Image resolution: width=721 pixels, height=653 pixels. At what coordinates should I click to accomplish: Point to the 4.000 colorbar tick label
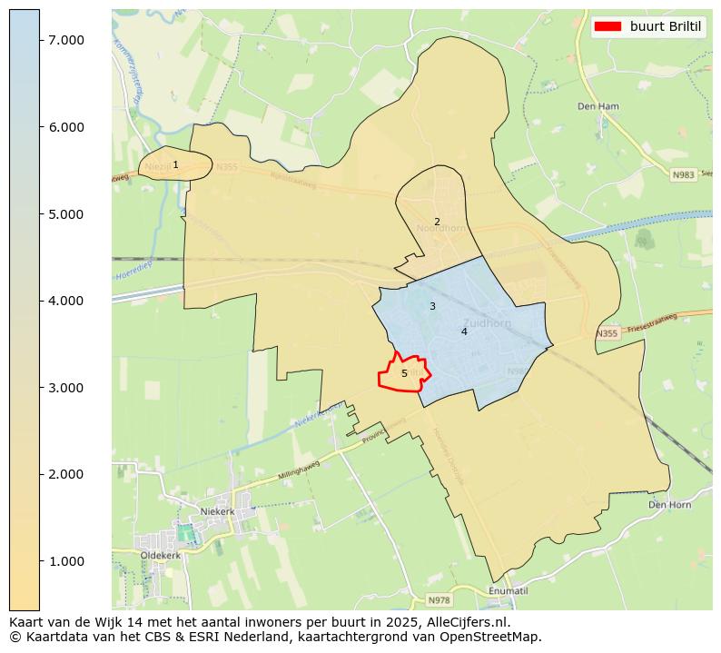[x=66, y=301]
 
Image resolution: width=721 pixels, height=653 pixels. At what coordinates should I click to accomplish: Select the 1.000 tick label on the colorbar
[x=66, y=561]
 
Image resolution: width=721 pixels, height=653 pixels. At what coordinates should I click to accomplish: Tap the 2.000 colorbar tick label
[x=66, y=474]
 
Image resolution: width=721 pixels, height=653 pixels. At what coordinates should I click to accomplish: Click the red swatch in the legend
[x=607, y=26]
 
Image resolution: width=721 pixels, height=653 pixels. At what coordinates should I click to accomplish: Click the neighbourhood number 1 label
[x=175, y=164]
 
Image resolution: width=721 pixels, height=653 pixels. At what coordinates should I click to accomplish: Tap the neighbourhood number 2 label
[x=437, y=222]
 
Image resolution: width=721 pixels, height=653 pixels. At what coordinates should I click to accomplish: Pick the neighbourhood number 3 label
[x=432, y=306]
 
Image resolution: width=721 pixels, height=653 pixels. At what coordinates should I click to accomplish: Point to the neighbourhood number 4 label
[x=464, y=331]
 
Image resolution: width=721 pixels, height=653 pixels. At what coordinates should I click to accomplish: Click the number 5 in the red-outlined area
[x=404, y=373]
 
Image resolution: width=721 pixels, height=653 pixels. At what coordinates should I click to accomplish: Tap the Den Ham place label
[x=598, y=106]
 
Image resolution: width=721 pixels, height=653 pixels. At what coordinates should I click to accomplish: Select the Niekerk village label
[x=217, y=511]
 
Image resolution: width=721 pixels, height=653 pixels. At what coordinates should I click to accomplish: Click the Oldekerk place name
[x=162, y=554]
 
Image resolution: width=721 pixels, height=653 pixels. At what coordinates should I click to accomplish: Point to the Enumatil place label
[x=508, y=590]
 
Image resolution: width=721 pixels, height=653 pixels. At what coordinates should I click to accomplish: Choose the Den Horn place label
[x=670, y=504]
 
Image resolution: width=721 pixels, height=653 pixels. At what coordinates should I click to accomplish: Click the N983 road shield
[x=683, y=174]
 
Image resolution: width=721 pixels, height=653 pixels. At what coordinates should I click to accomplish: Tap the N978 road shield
[x=439, y=600]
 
